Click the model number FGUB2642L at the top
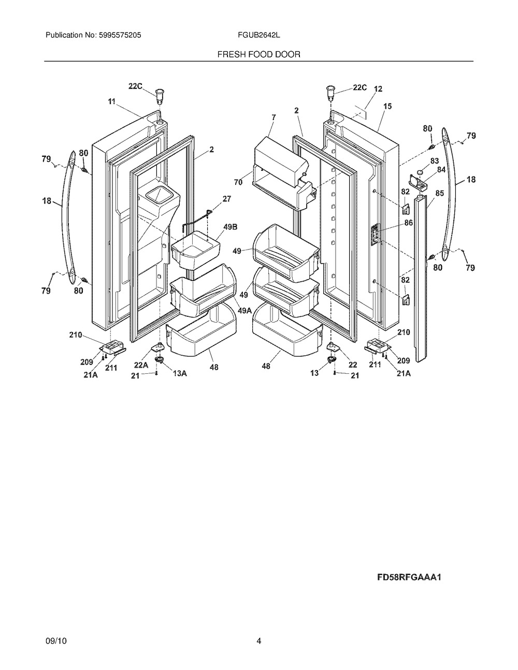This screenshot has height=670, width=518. tap(258, 35)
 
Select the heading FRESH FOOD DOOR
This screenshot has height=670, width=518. tap(258, 54)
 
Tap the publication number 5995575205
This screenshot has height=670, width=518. tap(120, 35)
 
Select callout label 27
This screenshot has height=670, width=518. tap(227, 199)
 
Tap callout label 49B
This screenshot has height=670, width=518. tap(231, 227)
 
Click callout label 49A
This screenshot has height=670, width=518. tap(244, 311)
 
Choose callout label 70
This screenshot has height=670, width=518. tap(238, 182)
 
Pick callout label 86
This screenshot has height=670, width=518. tap(408, 223)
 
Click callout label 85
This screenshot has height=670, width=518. tap(439, 193)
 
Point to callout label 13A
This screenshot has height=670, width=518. tap(180, 373)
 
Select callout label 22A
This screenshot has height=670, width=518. tap(141, 365)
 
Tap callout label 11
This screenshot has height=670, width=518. tap(111, 101)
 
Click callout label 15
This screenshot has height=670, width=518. tap(387, 106)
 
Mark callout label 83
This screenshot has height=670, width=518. tap(435, 161)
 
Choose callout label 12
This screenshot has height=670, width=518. tap(378, 89)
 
